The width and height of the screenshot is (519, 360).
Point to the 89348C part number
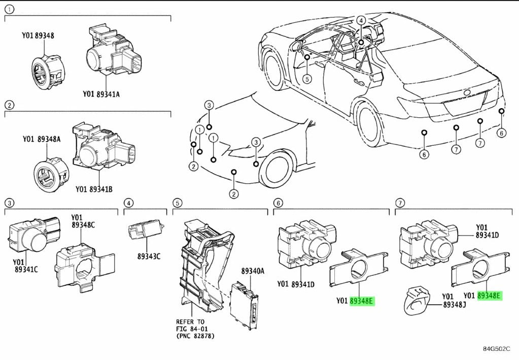click(x=83, y=225)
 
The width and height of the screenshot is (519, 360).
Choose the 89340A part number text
click(x=253, y=272)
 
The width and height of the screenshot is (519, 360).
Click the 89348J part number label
click(x=455, y=304)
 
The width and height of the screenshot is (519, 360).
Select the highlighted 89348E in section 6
click(x=362, y=301)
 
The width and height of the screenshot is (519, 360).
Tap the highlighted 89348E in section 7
click(x=489, y=296)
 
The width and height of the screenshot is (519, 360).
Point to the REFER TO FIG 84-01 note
click(x=193, y=329)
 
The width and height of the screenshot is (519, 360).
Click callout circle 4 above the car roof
click(x=361, y=20)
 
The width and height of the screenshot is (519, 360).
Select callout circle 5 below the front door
click(x=306, y=79)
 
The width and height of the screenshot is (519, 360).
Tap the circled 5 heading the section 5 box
click(x=177, y=204)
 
